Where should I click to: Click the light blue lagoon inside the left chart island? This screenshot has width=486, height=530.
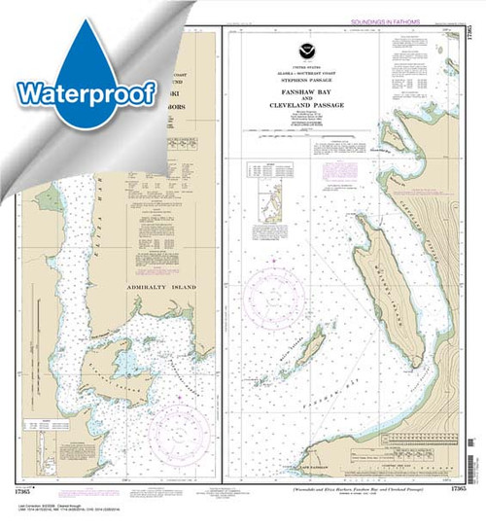click(x=123, y=366)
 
